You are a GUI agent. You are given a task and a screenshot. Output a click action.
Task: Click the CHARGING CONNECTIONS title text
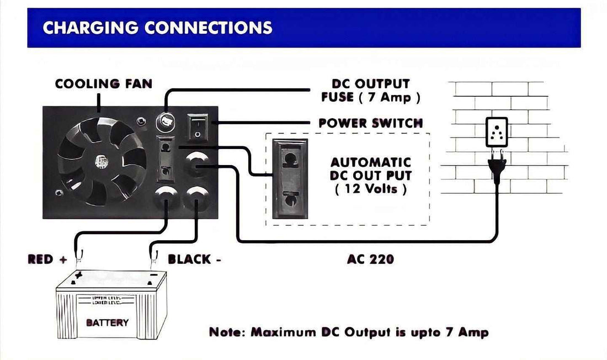157,28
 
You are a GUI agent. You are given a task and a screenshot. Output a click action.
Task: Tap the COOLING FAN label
104,84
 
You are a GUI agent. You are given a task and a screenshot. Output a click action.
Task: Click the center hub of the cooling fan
100,162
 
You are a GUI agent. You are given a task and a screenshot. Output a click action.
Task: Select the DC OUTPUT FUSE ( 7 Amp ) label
370,91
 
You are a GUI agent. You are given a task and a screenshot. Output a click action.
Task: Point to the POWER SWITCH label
370,123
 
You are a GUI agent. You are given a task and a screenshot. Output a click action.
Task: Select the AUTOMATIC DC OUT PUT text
371,169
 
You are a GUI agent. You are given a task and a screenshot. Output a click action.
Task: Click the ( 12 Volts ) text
371,189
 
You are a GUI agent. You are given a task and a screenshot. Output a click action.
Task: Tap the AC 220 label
370,259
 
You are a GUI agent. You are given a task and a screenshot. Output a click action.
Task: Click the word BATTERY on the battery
108,322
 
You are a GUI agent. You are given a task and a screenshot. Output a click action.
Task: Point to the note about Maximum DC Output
349,332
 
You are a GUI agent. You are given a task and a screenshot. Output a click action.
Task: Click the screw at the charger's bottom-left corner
58,193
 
